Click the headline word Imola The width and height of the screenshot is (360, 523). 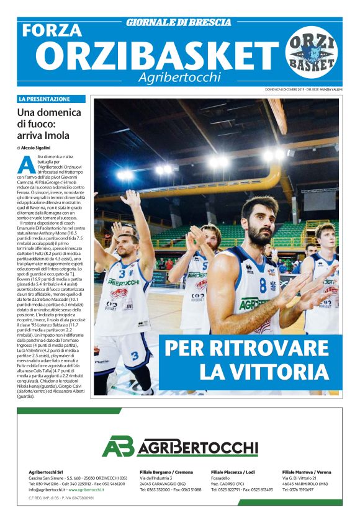tap(56, 135)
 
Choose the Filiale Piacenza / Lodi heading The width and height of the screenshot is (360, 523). tap(233, 472)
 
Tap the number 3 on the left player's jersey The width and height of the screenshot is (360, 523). tap(122, 273)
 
